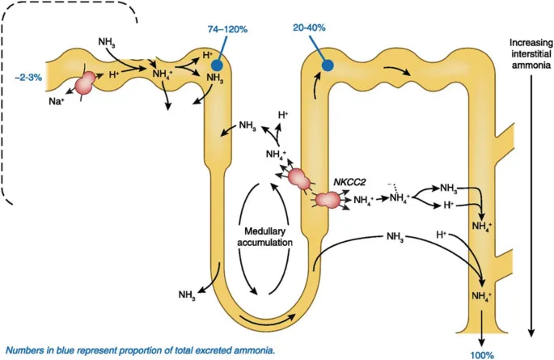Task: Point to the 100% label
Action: pyautogui.click(x=483, y=354)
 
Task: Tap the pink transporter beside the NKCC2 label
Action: pyautogui.click(x=328, y=198)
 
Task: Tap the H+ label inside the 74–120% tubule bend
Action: pyautogui.click(x=207, y=55)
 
